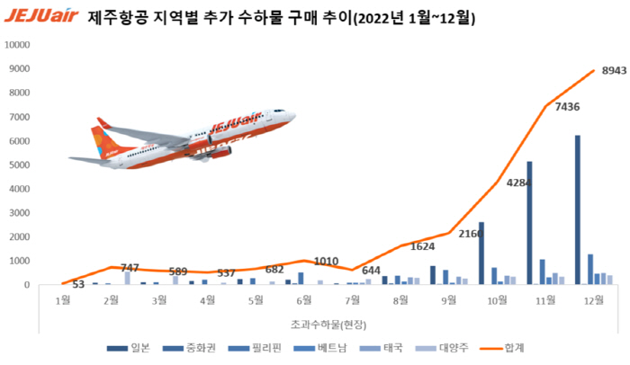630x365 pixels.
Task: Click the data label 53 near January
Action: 79,285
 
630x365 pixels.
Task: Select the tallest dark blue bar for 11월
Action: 530,223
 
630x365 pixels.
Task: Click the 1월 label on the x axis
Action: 63,300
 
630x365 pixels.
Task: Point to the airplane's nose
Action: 292,117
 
